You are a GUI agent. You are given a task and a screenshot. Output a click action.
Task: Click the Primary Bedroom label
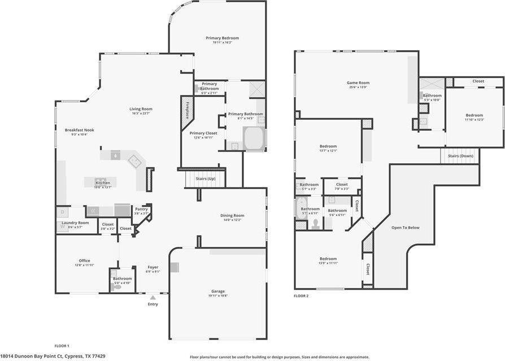pos(222,38)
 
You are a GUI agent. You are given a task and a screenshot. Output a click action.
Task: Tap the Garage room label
pos(218,292)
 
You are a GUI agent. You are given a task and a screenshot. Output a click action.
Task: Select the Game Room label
pos(358,83)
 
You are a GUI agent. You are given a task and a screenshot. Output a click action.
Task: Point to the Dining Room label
pos(232,215)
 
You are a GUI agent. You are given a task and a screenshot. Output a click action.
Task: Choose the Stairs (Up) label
pos(205,179)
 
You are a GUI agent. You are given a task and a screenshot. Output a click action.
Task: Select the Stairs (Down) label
pos(460,156)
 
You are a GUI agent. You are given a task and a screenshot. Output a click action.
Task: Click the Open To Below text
pos(406,227)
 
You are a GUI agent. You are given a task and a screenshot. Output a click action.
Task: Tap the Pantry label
pos(141,210)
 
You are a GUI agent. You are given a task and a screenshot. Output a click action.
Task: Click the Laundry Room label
pos(75,223)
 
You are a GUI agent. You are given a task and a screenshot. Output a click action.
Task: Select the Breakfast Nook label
pos(79,130)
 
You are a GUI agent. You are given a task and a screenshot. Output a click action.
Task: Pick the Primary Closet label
pos(203,133)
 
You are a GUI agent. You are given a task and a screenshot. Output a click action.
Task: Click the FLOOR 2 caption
pos(301,295)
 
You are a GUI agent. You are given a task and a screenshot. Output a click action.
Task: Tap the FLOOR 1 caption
pos(61,345)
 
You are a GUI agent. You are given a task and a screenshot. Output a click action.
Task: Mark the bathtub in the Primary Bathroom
pos(254,138)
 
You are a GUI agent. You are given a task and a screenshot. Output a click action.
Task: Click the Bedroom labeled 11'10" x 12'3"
pos(474,115)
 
